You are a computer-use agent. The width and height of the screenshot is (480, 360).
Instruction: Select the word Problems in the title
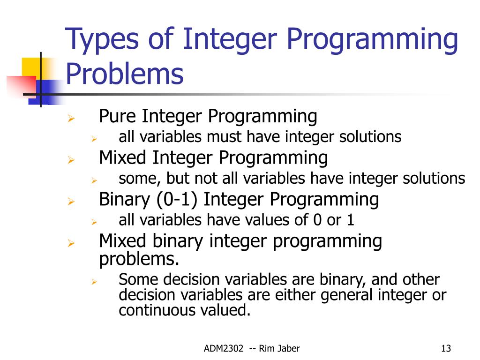pos(124,74)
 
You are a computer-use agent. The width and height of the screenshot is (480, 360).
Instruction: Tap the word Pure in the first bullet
pos(120,116)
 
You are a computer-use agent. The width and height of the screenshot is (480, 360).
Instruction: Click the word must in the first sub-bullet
pos(224,137)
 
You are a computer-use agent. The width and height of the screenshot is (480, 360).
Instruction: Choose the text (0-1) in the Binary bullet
pos(177,200)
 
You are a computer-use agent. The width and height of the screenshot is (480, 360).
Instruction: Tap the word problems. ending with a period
pos(139,259)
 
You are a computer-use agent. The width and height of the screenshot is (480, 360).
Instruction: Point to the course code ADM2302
pos(224,348)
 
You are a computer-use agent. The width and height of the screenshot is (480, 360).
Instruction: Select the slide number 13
pos(446,348)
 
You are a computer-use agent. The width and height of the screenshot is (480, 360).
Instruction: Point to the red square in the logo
pos(22,86)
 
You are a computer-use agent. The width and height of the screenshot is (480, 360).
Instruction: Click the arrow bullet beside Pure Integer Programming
pos(71,118)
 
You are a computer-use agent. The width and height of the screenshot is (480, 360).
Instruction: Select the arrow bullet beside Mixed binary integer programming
pos(71,243)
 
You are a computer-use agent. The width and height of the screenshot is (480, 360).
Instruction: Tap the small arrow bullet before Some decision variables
pos(94,281)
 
